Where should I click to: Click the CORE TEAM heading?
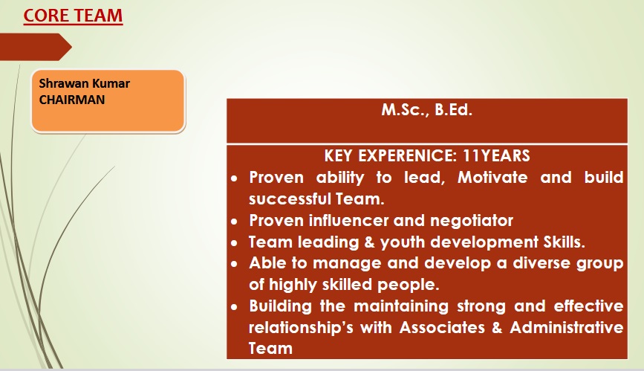coord(73,16)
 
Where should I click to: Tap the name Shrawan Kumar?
coord(84,83)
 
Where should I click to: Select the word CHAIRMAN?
coord(72,100)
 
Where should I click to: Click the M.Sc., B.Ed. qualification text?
coord(426,110)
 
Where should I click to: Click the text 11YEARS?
coord(496,156)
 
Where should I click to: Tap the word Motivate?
coord(492,177)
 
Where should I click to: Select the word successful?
coord(290,199)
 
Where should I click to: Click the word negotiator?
coord(472,221)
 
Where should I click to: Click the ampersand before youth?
coord(369,242)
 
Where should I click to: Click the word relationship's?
coord(301,328)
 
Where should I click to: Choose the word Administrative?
coord(567,327)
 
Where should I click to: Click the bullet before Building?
coord(234,307)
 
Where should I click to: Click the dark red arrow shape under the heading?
coord(36,47)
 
